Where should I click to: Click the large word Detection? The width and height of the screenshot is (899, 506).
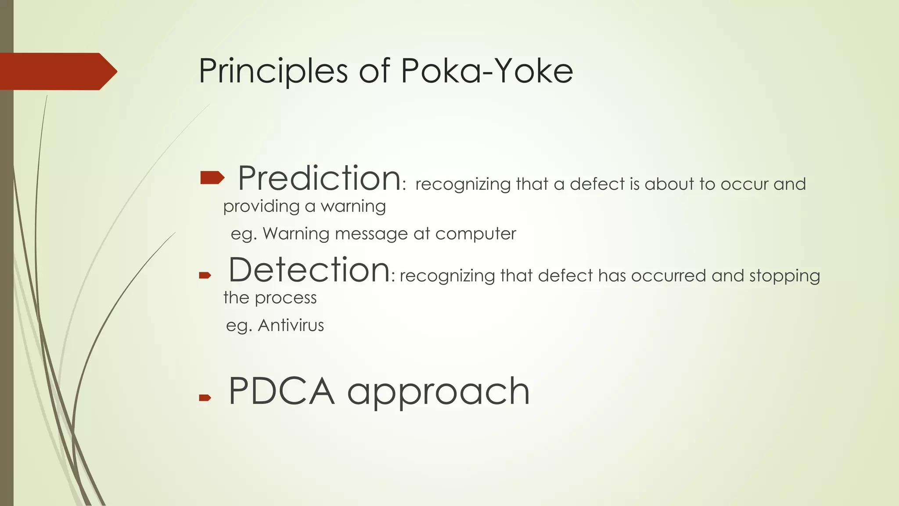(x=309, y=270)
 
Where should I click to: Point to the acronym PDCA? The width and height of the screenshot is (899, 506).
(x=281, y=391)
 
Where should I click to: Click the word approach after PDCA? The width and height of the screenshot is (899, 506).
(x=438, y=392)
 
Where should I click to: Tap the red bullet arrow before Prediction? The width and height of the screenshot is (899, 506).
(x=212, y=178)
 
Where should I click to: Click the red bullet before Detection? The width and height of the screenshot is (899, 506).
(x=205, y=276)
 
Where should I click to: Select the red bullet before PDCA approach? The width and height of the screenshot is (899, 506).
(x=205, y=398)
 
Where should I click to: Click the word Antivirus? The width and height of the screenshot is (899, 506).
(x=291, y=325)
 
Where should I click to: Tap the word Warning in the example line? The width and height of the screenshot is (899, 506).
(x=296, y=234)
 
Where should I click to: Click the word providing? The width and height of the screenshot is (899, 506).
(x=261, y=206)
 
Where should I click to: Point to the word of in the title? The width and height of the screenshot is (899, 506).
(x=374, y=71)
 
